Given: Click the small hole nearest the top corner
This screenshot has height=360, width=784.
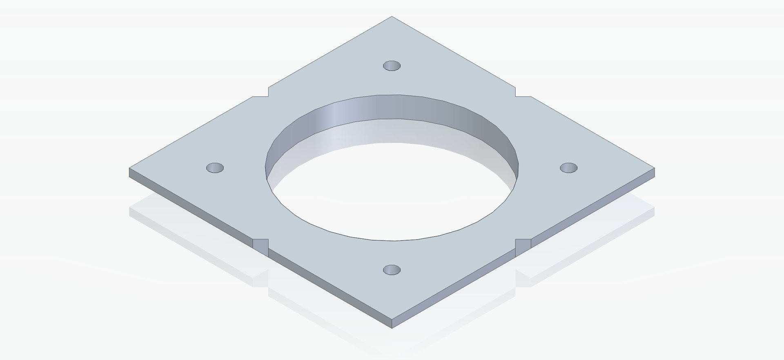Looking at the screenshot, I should click(392, 65).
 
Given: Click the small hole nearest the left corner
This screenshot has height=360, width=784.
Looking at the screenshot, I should click(215, 168).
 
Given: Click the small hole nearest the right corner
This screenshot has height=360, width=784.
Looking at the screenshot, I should click(568, 167).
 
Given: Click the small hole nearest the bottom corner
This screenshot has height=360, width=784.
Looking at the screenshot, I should click(392, 269).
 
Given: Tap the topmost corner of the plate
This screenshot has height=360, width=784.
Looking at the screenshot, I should click(392, 17).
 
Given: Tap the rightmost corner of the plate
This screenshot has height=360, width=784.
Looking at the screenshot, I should click(655, 168).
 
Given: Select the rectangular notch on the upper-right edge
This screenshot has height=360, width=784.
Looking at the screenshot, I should click(523, 92).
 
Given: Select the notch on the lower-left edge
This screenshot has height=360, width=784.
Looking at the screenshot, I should click(261, 244).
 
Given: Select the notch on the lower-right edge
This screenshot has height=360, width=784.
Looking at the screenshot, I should click(523, 244).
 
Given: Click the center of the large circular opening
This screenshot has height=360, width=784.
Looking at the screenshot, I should click(392, 180).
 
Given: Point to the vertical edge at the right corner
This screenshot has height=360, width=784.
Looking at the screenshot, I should click(655, 172).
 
